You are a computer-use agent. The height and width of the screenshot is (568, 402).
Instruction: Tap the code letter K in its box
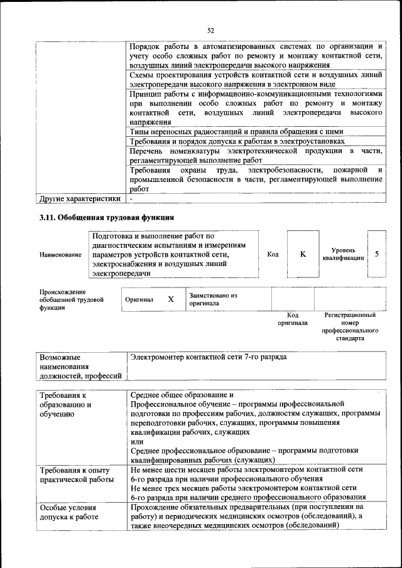pos(302,254)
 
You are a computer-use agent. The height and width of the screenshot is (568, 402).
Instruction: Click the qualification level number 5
pos(376,254)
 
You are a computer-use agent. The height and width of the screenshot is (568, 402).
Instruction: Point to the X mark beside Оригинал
pos(170,299)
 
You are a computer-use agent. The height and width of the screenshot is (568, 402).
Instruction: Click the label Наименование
pos(60,255)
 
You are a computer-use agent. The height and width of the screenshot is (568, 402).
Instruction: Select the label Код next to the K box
pos(273,254)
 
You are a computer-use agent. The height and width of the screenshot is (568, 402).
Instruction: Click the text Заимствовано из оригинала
pos(212,299)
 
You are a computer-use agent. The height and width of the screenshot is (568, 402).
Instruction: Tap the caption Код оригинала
pos(293,319)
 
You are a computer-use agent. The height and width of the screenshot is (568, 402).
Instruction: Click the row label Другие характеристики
pos(79,198)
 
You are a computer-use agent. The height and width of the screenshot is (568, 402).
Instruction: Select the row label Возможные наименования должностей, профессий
pos(80,367)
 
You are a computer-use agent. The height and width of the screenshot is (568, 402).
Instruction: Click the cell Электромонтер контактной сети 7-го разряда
pos(208,357)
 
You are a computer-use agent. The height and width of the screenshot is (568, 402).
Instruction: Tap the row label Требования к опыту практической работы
pos(75,474)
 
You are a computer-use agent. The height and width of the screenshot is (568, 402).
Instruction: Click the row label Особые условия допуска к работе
pos(68,512)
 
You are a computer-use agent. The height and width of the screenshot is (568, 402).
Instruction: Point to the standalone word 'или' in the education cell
pos(136,441)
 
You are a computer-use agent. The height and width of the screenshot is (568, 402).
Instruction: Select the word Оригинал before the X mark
pos(139,300)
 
